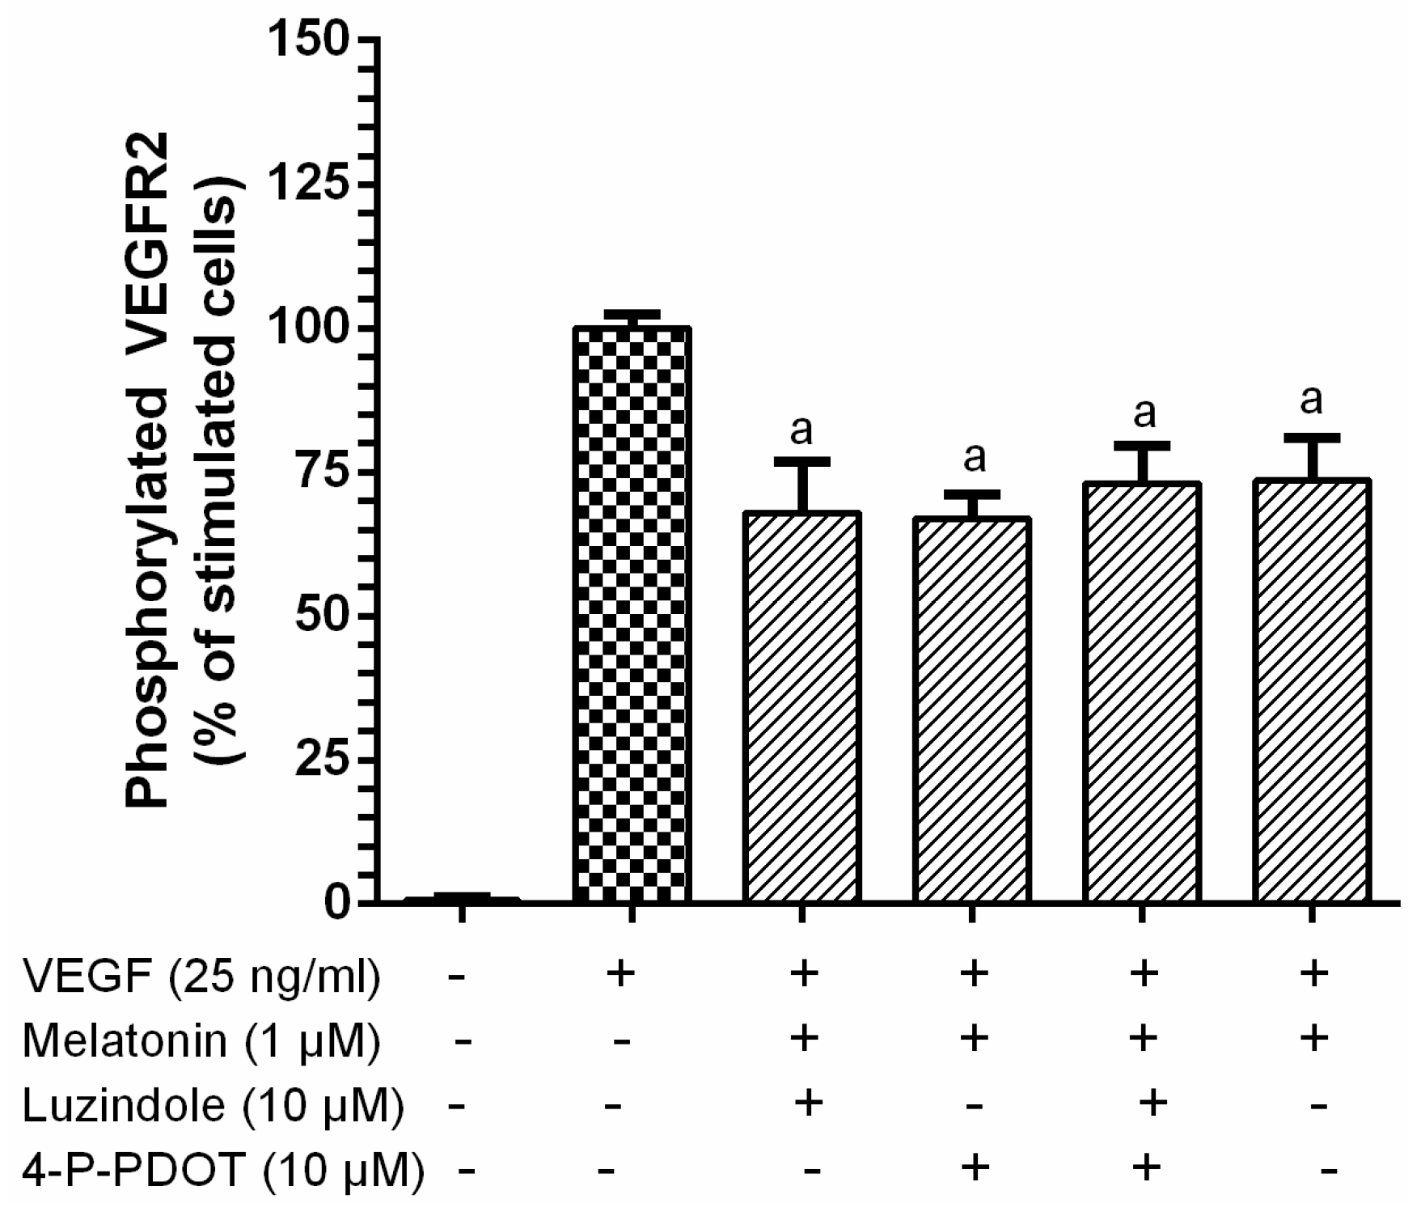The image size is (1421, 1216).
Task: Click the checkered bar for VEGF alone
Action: tap(631, 615)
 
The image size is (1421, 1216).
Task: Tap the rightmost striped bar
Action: tap(1311, 692)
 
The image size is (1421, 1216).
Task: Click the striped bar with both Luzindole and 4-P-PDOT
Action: tap(1141, 693)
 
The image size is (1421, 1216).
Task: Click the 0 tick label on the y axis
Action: tap(336, 903)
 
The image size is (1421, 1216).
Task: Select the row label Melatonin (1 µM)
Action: tap(201, 1041)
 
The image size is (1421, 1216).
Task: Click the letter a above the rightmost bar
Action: tap(1311, 400)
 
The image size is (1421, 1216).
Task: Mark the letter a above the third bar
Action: tap(801, 432)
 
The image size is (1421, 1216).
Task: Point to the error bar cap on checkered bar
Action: tap(631, 313)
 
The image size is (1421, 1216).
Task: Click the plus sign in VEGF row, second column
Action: tap(621, 974)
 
